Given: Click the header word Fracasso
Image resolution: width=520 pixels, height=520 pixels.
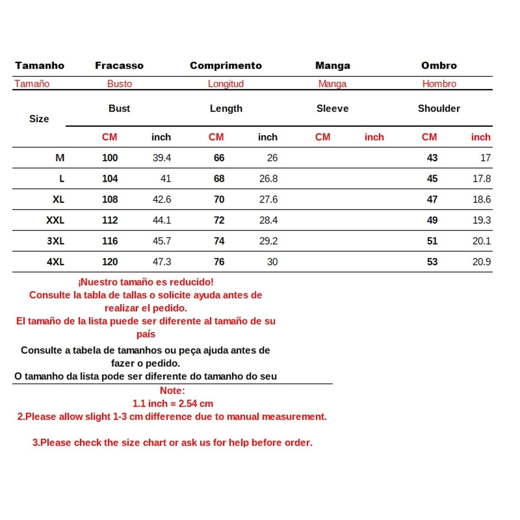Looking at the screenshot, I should pyautogui.click(x=119, y=65).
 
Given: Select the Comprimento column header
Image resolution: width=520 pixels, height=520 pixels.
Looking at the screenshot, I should pyautogui.click(x=226, y=65).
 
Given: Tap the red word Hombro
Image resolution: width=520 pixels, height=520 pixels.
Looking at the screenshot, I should pyautogui.click(x=439, y=84).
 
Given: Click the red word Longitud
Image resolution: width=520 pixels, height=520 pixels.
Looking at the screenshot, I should pyautogui.click(x=226, y=84).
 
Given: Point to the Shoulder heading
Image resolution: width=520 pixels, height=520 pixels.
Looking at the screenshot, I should pyautogui.click(x=439, y=108).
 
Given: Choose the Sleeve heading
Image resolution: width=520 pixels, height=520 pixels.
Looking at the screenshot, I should pyautogui.click(x=332, y=108).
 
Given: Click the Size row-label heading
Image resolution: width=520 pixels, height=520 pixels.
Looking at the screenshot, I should pyautogui.click(x=39, y=119).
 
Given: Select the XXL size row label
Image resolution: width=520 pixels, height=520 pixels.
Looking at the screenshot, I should pyautogui.click(x=55, y=220).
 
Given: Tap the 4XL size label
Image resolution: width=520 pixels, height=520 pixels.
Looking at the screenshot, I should pyautogui.click(x=55, y=262).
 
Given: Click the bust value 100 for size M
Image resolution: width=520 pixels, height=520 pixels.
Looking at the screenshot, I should pyautogui.click(x=110, y=158).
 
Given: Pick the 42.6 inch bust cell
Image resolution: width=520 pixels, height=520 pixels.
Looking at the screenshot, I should pyautogui.click(x=162, y=199).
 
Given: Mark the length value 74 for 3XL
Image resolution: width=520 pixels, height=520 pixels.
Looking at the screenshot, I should pyautogui.click(x=219, y=241).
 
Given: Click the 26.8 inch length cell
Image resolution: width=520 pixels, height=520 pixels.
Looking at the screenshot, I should pyautogui.click(x=268, y=179).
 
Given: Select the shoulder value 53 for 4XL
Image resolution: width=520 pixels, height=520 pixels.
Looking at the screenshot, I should pyautogui.click(x=432, y=262).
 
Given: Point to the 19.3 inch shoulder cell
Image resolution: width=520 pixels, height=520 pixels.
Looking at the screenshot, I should pyautogui.click(x=481, y=220).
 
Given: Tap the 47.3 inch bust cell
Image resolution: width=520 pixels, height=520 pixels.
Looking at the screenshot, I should pyautogui.click(x=162, y=262).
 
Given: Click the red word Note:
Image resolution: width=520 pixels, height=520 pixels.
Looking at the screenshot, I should pyautogui.click(x=172, y=390).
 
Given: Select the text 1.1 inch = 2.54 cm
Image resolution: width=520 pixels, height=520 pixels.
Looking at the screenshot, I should pyautogui.click(x=172, y=403).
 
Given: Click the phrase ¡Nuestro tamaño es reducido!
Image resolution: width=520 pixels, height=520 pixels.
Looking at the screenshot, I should pyautogui.click(x=146, y=282).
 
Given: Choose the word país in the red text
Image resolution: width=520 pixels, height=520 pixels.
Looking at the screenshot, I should pyautogui.click(x=146, y=334).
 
